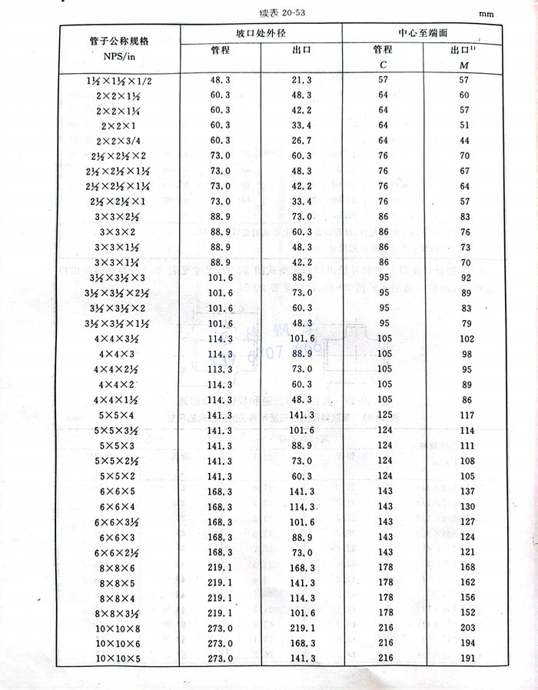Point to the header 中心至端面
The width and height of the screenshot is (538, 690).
point(423,33)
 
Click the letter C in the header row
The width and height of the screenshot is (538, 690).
point(382,63)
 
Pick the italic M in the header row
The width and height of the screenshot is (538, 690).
point(463,63)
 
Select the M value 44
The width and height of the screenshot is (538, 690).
point(463,141)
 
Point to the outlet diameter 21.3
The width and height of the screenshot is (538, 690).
point(301,80)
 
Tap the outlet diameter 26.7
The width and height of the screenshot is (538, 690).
point(301,141)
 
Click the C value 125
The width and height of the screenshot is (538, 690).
point(382,415)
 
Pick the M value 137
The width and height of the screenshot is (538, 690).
point(463,492)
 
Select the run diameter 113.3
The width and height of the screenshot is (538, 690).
point(221,369)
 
